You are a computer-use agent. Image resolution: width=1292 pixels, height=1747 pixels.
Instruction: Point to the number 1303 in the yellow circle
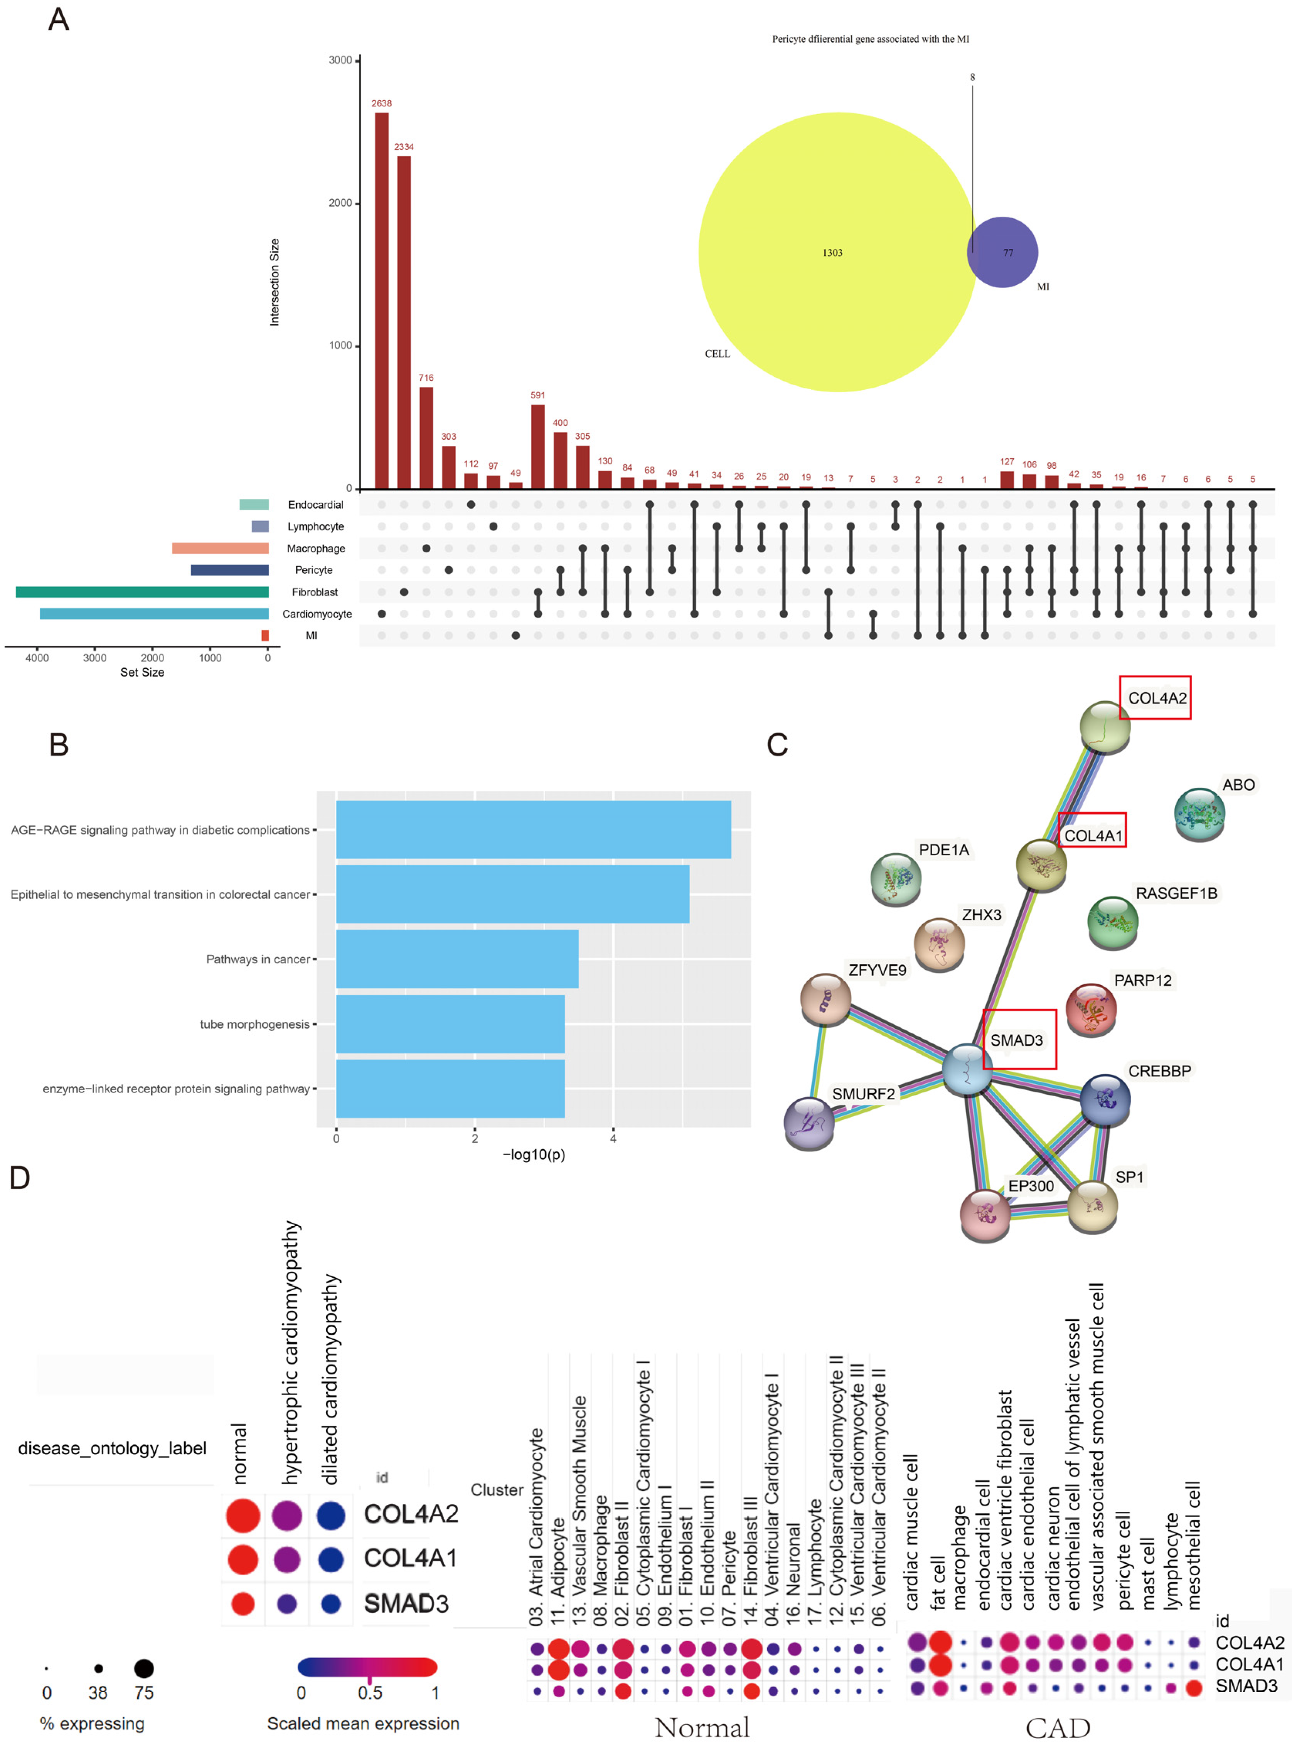point(832,253)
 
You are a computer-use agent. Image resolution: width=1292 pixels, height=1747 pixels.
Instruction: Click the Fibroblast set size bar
point(142,592)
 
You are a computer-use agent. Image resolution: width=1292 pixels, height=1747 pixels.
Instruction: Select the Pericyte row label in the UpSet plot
point(313,571)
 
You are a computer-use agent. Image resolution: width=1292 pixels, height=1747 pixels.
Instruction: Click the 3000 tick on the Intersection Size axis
point(340,60)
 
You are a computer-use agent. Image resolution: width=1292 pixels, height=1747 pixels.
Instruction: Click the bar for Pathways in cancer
point(458,959)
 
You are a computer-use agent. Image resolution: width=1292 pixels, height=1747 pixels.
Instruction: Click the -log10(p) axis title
point(533,1155)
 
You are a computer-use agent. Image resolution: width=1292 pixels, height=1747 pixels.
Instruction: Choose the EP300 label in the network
point(1031,1186)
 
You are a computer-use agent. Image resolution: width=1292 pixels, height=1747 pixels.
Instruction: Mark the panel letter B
point(59,744)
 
